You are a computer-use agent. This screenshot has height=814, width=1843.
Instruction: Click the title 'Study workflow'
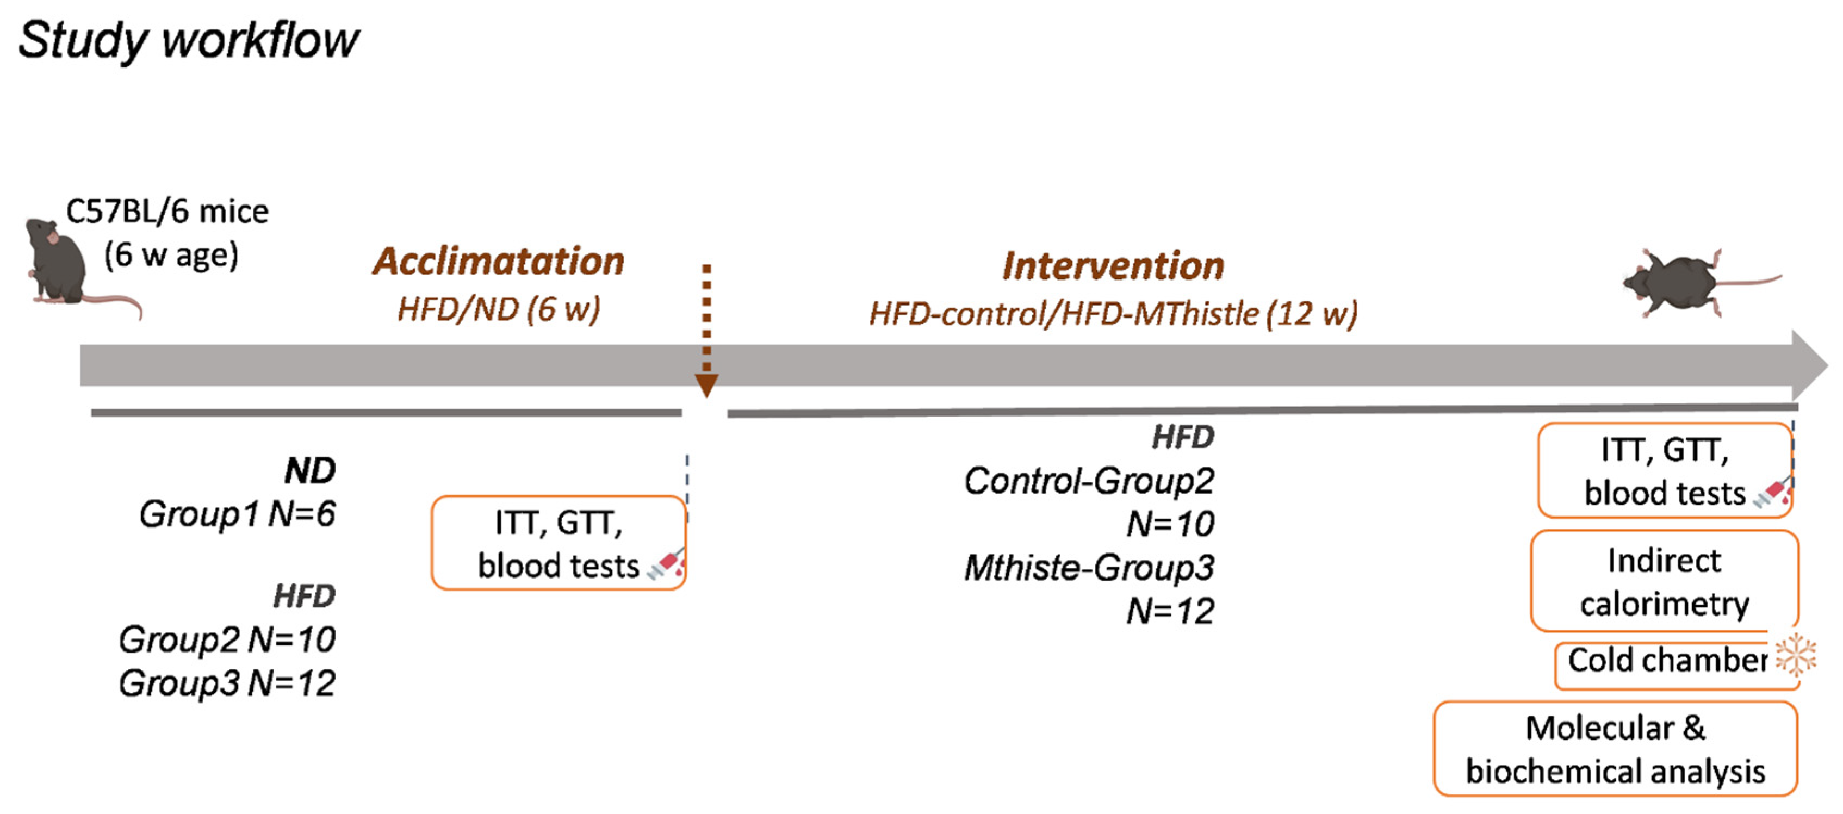click(x=188, y=40)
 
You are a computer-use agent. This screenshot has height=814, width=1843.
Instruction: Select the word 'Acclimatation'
click(x=498, y=262)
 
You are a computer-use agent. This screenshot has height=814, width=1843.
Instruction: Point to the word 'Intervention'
click(x=1113, y=266)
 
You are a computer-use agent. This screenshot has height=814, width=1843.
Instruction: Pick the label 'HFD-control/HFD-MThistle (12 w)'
click(x=1113, y=314)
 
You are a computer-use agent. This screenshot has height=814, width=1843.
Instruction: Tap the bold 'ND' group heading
click(x=310, y=470)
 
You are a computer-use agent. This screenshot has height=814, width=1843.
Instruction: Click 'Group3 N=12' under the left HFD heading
click(x=227, y=683)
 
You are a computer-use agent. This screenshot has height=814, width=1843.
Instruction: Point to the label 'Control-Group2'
click(x=1088, y=481)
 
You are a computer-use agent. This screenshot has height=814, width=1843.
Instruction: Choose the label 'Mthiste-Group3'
click(x=1088, y=568)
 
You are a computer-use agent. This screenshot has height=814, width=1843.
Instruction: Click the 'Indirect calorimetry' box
click(x=1664, y=581)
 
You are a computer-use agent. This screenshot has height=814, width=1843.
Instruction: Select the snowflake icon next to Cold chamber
click(x=1796, y=655)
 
